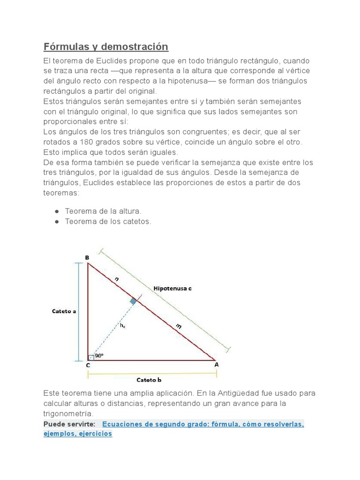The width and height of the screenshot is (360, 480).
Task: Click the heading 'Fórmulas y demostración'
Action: (105, 47)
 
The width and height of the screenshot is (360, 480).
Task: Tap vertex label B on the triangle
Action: (87, 257)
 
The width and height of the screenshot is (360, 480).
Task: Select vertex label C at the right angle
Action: (88, 366)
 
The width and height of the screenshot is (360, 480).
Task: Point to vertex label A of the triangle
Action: (216, 364)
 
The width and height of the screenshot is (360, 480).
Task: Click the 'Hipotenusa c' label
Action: (172, 289)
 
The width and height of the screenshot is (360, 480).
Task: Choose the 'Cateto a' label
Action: (64, 311)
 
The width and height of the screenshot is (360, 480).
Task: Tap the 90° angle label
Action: (99, 356)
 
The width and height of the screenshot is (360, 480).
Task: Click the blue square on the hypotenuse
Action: (134, 301)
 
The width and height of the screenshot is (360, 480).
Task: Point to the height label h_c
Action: (122, 325)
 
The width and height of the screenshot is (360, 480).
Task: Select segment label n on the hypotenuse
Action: (117, 279)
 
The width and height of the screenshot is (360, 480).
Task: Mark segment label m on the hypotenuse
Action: (179, 326)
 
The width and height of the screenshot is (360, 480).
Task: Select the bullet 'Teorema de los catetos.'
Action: (108, 222)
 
